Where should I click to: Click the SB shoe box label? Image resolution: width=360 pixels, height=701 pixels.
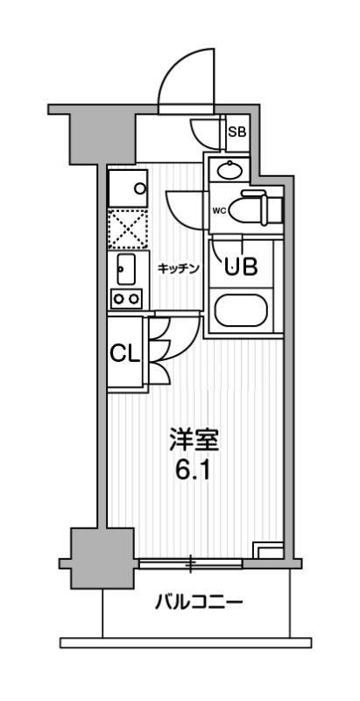point(236,133)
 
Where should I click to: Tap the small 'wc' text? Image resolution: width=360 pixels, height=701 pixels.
point(219,210)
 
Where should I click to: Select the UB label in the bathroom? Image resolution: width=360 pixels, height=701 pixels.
point(242,266)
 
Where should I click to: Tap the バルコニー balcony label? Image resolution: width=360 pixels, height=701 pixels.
point(198,602)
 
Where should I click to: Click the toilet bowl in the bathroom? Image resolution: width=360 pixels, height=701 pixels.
point(255,207)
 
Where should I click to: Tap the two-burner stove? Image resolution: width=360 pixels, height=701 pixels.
point(125,299)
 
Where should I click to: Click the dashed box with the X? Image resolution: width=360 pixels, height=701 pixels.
point(126,227)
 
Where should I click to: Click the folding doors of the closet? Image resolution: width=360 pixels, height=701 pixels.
point(162,350)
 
